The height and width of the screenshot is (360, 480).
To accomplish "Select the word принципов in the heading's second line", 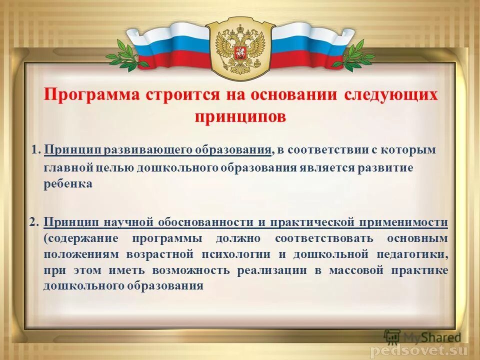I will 240,116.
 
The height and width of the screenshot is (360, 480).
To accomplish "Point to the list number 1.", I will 35,150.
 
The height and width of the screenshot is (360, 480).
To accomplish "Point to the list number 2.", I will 33,222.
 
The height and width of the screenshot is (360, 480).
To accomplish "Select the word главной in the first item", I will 61,168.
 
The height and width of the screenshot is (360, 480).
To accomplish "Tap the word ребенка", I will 68,184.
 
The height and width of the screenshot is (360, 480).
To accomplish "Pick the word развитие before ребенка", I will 385,167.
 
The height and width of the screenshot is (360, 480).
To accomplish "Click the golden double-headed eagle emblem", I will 239,47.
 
